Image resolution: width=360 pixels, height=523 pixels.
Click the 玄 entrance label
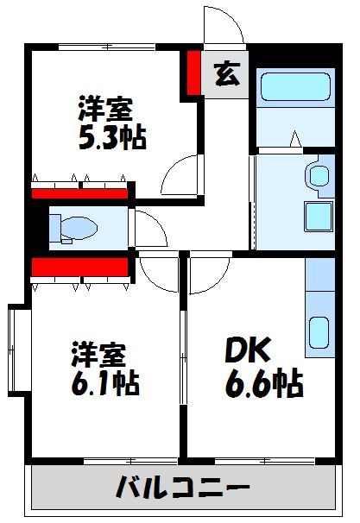[x=226, y=75]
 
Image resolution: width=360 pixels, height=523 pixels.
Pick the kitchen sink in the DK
[x=319, y=332]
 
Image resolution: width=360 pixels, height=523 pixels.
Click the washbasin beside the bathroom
[x=319, y=176]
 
